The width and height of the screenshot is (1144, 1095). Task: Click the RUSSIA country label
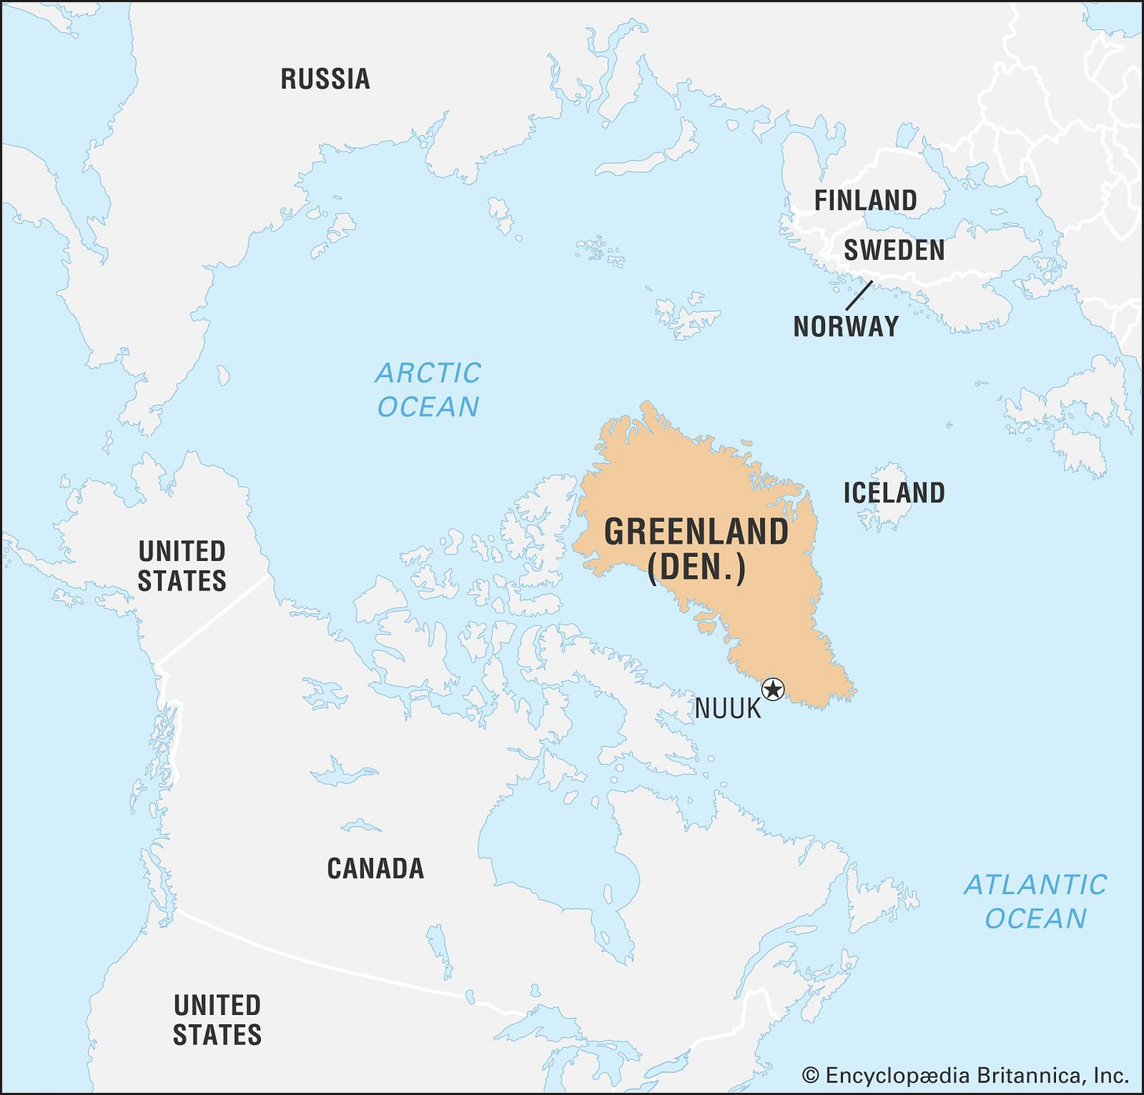(325, 79)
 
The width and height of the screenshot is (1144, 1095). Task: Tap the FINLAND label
(865, 200)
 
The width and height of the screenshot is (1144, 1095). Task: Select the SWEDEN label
(894, 251)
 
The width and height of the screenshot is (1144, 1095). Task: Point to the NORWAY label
(846, 326)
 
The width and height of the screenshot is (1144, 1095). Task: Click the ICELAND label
(894, 493)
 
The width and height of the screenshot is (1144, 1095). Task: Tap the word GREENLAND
(696, 532)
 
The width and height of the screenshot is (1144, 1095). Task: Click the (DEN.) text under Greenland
(696, 567)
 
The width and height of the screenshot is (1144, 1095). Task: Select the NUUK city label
(728, 709)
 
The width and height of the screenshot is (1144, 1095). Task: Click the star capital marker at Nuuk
(773, 689)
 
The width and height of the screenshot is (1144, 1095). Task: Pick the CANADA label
(376, 868)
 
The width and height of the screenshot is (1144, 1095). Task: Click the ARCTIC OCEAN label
(428, 390)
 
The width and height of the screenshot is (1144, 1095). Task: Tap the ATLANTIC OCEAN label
(1035, 901)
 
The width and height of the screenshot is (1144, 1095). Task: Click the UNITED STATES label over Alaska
(182, 566)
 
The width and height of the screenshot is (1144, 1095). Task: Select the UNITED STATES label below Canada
(217, 1020)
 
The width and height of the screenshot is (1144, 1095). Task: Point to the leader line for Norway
(859, 295)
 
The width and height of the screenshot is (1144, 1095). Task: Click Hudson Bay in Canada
(550, 848)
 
